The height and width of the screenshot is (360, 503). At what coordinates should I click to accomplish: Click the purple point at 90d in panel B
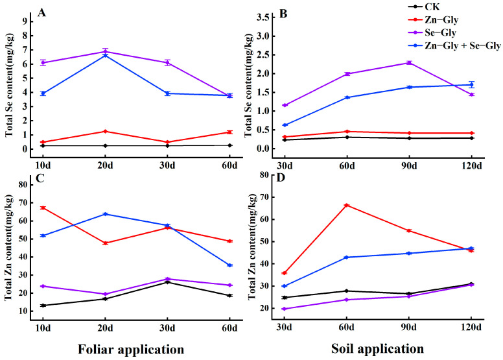click(409, 63)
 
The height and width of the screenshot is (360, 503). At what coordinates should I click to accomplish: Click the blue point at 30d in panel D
click(284, 286)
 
